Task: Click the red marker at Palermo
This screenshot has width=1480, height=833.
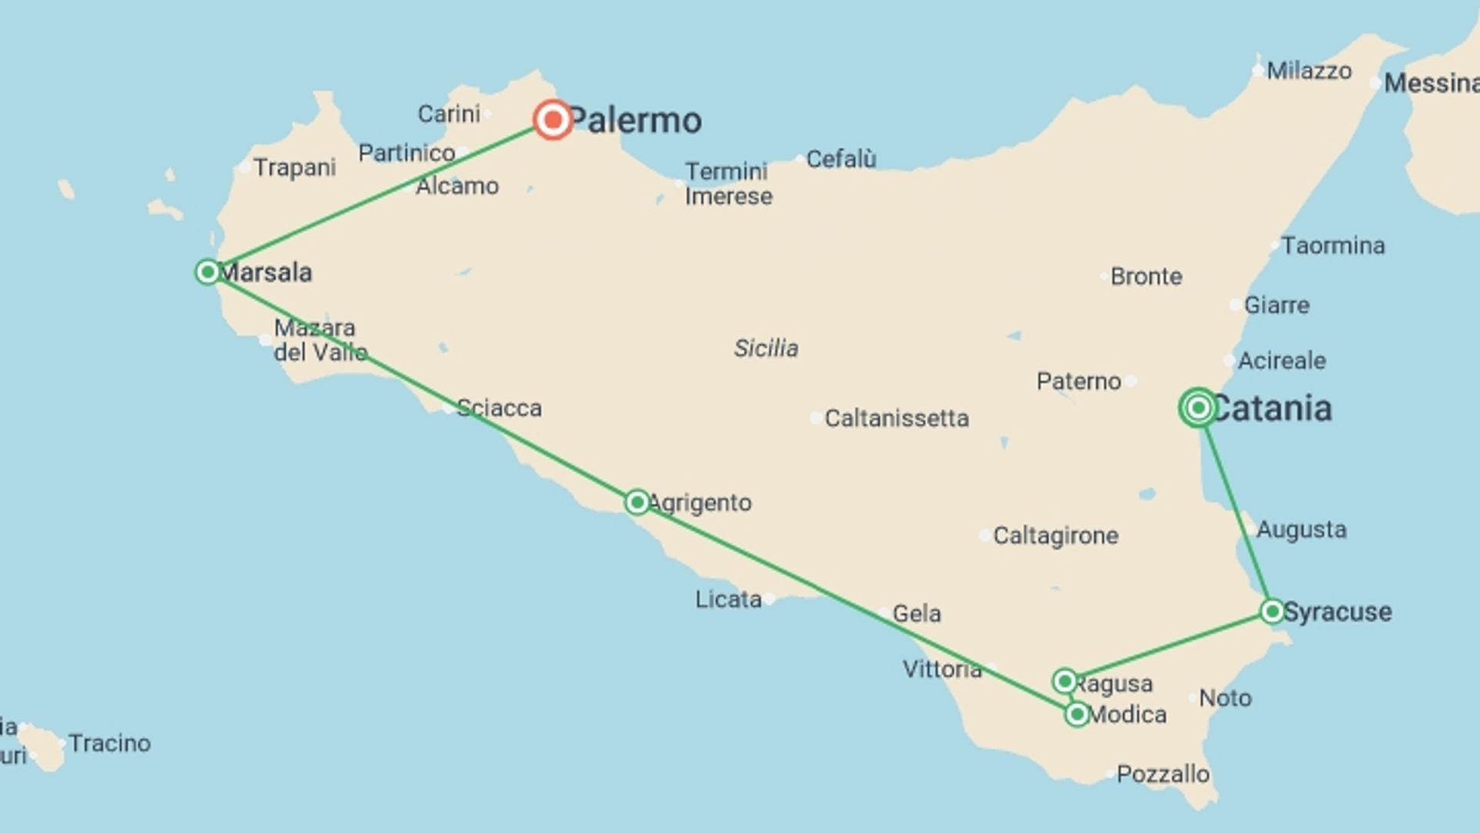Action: [553, 120]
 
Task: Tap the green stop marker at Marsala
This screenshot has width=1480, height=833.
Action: [207, 271]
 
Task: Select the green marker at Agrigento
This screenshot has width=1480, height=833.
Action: [637, 502]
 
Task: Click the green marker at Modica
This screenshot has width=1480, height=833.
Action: [1077, 714]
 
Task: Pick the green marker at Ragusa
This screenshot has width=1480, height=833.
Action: [1065, 681]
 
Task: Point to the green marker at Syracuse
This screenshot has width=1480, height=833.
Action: [1272, 612]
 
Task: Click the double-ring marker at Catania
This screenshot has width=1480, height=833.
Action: [1198, 407]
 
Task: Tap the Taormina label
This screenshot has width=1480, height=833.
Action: [1333, 245]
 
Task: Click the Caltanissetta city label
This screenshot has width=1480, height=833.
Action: [896, 418]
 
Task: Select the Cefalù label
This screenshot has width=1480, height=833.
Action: [840, 159]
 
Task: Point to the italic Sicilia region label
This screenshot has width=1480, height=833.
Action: [765, 348]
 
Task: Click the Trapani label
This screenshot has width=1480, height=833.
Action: [294, 167]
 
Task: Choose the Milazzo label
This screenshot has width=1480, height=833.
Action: [1309, 71]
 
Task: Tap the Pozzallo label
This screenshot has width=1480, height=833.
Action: [1162, 774]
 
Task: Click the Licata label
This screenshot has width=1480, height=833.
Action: [728, 599]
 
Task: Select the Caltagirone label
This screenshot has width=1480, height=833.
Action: [1054, 535]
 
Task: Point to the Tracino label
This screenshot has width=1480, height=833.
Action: [109, 743]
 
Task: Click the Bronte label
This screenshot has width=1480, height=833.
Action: [1145, 276]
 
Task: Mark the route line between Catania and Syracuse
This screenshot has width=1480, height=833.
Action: [1235, 509]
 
